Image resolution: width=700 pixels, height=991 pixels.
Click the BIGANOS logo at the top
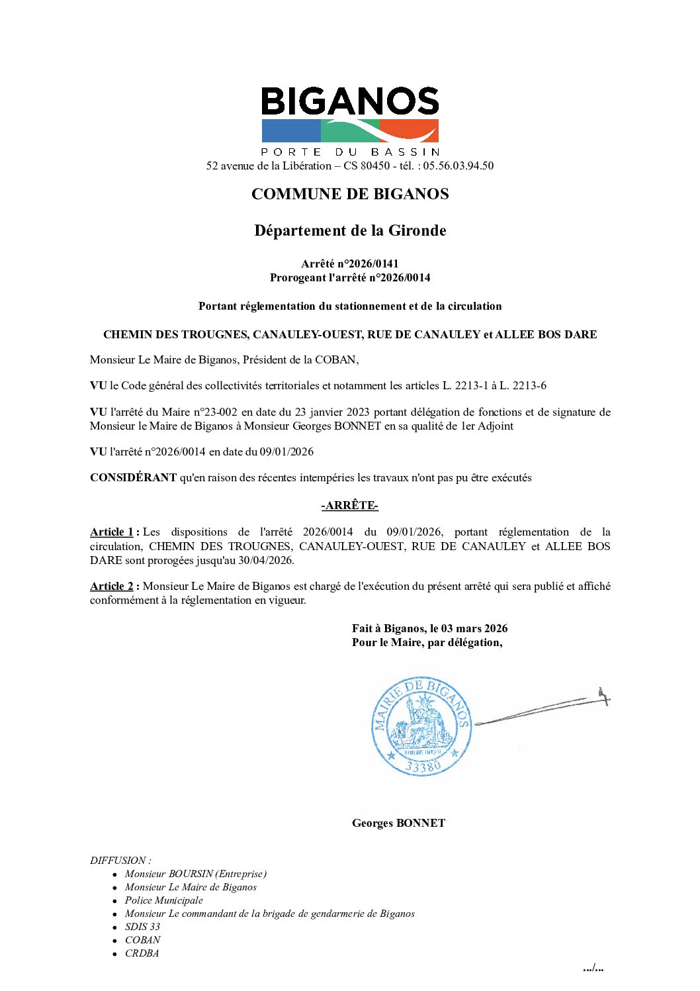(350, 120)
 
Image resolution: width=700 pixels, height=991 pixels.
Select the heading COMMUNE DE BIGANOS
(350, 194)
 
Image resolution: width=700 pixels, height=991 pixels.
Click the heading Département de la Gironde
(350, 230)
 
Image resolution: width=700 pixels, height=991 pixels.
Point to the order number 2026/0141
(374, 263)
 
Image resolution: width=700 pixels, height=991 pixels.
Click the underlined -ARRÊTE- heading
(349, 506)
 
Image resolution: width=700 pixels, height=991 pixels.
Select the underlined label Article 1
(112, 532)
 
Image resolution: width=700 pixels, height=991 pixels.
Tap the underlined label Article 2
(112, 587)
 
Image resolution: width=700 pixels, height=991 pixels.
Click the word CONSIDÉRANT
(133, 478)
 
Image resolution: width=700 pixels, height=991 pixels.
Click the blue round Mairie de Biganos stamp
(421, 726)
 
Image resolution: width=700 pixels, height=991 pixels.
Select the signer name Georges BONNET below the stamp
(398, 824)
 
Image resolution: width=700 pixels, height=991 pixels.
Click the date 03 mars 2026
(474, 629)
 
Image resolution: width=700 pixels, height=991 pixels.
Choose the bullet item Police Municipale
(163, 900)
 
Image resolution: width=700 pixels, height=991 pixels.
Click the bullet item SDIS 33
(142, 927)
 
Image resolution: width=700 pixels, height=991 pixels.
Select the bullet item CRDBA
(142, 953)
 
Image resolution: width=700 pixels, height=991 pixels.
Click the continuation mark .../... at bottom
(593, 968)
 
